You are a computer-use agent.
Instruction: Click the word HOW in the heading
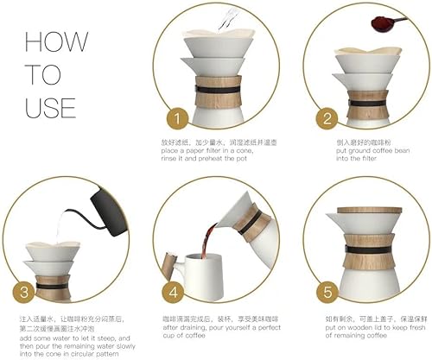coord(57,43)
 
